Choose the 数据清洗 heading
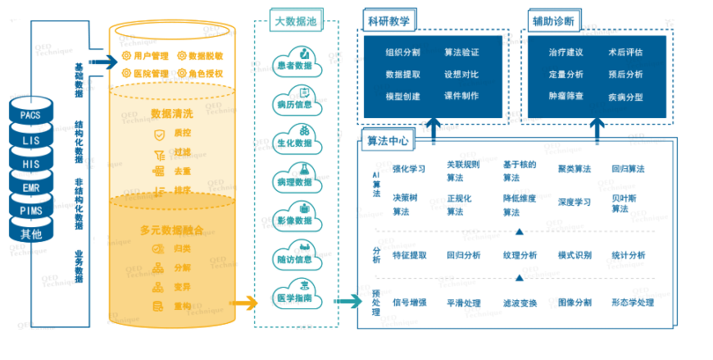coord(172,113)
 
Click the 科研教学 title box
coord(388,21)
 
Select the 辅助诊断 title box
coord(552,21)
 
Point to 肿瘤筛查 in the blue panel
coord(565,96)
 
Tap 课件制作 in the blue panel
coord(461,96)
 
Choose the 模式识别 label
coord(574,256)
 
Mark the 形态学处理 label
coord(633,303)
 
